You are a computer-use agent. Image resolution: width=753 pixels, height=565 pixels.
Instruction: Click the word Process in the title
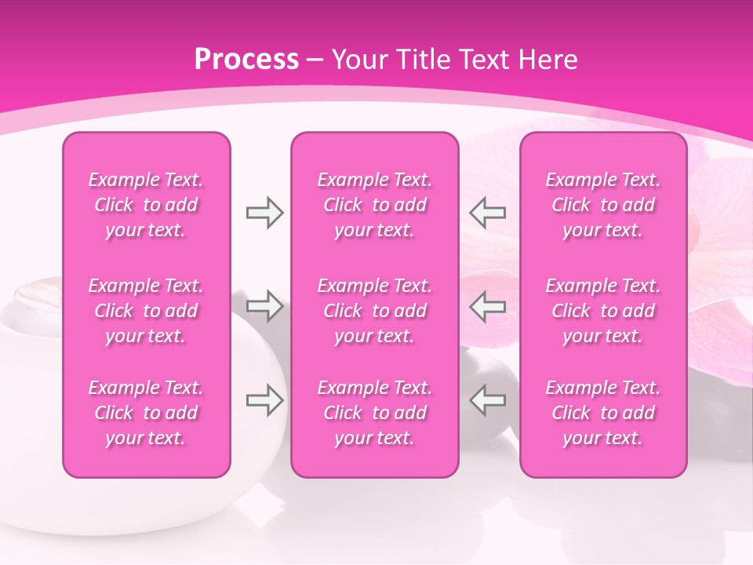[246, 60]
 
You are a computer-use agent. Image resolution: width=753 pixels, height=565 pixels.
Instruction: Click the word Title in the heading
[419, 60]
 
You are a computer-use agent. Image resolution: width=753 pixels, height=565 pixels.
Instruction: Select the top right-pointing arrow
[265, 212]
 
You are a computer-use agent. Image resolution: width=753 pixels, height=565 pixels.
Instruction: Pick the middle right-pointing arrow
[265, 306]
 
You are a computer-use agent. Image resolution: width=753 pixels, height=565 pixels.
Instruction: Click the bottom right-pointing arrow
[265, 400]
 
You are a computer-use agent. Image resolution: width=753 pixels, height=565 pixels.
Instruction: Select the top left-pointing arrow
[488, 212]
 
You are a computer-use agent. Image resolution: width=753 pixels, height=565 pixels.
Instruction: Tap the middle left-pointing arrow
[488, 306]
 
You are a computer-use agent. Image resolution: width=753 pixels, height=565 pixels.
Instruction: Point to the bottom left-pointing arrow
[488, 400]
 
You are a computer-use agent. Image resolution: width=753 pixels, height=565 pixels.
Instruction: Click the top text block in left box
[146, 205]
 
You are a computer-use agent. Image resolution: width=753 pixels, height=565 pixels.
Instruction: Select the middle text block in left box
[146, 311]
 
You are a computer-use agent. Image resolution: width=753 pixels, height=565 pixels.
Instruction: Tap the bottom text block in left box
[146, 413]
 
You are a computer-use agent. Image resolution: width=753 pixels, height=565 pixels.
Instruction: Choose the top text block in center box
[375, 205]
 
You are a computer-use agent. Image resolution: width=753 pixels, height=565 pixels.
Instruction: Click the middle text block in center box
[375, 311]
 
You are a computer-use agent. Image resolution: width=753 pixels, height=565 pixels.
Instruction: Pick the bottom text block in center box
[375, 413]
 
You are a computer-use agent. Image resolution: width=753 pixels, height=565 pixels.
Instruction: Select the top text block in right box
[603, 205]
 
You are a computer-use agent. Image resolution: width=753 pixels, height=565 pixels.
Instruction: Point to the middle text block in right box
[603, 311]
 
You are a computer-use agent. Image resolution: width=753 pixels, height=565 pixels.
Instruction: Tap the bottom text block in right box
[603, 413]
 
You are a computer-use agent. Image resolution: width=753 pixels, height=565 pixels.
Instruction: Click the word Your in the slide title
[358, 60]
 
